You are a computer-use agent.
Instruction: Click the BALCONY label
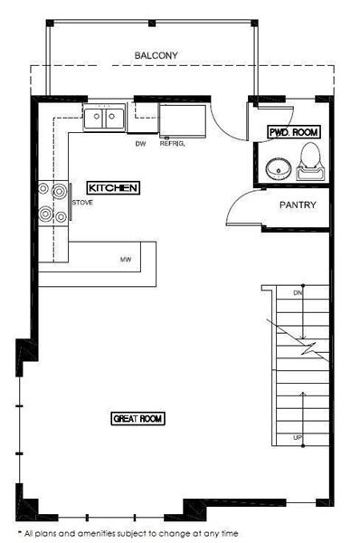coord(156,55)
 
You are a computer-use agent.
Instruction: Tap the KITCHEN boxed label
coord(113,188)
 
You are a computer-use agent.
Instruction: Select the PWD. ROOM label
coord(294,132)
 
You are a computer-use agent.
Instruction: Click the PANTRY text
coord(298,205)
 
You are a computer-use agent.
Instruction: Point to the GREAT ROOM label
coord(137,418)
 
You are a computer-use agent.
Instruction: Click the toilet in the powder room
coord(310,161)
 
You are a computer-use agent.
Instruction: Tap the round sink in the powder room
coord(279,169)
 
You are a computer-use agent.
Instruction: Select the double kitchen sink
coord(104,117)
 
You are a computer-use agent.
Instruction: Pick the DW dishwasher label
coord(140,144)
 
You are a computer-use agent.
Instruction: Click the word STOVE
coord(82,203)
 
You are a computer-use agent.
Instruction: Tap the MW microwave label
coord(126,259)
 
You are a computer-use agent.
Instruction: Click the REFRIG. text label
coord(172,144)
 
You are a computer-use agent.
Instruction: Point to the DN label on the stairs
coord(298,293)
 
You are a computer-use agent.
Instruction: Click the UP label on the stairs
coord(298,438)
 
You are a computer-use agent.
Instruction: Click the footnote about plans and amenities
coord(128,534)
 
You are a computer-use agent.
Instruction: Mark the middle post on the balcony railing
coord(152,24)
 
